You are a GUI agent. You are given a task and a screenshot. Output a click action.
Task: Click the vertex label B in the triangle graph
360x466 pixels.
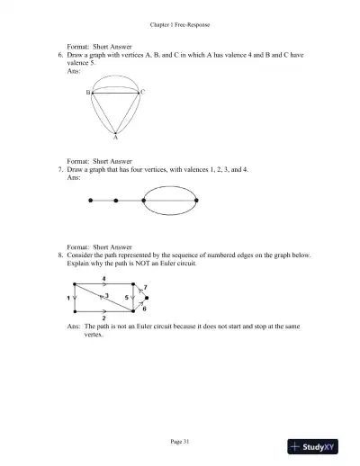(x=88, y=92)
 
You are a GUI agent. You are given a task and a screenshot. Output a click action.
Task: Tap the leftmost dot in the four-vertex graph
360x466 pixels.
(x=90, y=201)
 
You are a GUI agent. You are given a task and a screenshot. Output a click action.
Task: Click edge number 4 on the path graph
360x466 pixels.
(x=104, y=279)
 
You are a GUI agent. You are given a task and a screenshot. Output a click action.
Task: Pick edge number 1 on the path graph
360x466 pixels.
(x=68, y=297)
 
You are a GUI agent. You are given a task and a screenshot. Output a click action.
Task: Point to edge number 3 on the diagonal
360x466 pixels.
(x=107, y=295)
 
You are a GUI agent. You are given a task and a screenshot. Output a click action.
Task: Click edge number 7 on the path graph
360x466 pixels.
(x=146, y=287)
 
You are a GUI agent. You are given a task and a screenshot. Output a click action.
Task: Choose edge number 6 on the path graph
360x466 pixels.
(x=145, y=309)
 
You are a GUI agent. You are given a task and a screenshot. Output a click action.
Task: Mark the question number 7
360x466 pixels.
(x=58, y=168)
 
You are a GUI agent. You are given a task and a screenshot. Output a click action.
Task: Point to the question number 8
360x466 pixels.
(x=58, y=255)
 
